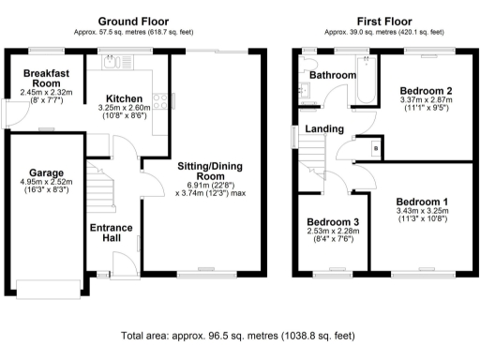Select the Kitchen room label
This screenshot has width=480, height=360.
(124, 97)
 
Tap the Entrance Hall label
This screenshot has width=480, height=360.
(112, 233)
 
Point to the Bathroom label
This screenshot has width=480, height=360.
(333, 74)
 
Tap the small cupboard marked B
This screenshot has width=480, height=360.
(375, 147)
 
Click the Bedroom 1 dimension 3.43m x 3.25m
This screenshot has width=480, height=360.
(421, 211)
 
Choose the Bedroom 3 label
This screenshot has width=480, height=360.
(333, 222)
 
